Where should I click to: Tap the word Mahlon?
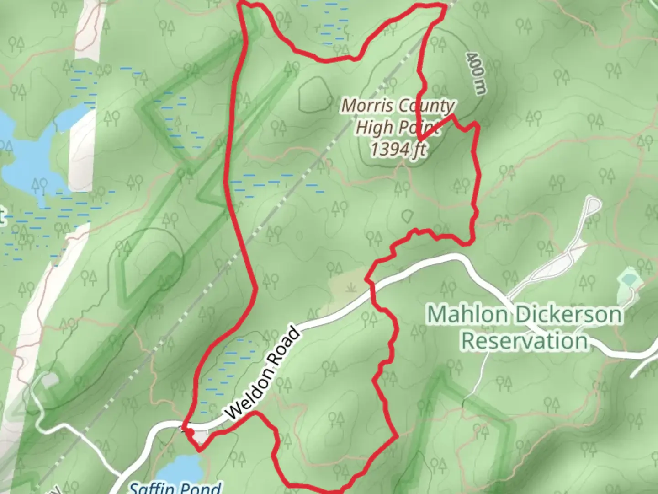coord(467,315)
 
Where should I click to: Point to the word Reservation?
coord(524,341)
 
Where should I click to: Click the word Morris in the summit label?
coord(367,106)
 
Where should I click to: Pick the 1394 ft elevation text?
coord(398,149)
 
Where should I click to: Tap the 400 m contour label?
coord(476,73)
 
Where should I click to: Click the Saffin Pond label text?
coord(175,488)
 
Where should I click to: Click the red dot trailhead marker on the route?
coord(188,432)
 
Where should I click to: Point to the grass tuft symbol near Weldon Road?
coord(351,288)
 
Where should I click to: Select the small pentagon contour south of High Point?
coord(408,215)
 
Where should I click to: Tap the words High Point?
coord(398,127)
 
